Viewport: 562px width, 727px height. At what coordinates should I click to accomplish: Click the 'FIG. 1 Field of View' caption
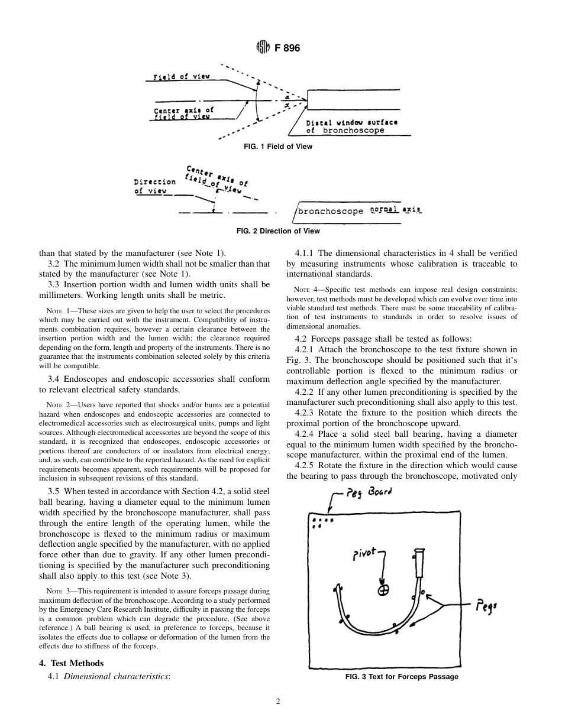coord(278,147)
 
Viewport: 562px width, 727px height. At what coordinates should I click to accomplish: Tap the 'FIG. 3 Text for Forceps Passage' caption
coord(402,677)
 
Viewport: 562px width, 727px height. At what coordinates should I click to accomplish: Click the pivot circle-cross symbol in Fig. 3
coord(383,590)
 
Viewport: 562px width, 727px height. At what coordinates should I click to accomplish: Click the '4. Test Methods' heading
coord(71,663)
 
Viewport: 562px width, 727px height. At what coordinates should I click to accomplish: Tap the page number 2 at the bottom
coord(278,702)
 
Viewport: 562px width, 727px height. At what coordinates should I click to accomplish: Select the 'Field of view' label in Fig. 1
coord(182,77)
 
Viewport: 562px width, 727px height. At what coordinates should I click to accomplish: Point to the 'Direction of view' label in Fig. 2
coord(155,186)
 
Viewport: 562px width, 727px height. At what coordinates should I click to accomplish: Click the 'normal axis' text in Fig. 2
coord(396,209)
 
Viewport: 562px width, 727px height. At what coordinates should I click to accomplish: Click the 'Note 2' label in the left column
coord(57,405)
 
